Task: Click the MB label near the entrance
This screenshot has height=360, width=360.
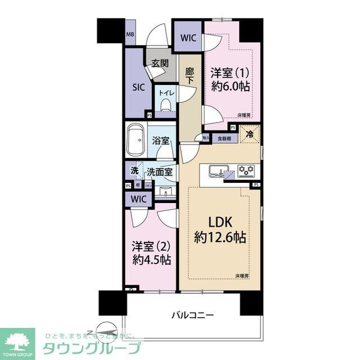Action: coord(130,34)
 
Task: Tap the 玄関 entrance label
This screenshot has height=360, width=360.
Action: coord(160,63)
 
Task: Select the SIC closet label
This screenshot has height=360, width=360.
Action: coord(139,87)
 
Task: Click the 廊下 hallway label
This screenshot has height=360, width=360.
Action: coord(190,75)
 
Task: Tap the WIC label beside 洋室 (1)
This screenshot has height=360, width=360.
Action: coord(188,38)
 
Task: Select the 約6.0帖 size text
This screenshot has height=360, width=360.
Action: coord(231,87)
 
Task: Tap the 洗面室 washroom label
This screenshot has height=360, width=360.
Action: coord(160,171)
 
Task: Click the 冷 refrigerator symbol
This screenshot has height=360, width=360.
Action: coord(248,133)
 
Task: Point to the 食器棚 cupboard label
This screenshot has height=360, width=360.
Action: coord(221,138)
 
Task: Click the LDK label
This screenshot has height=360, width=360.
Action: coord(219,220)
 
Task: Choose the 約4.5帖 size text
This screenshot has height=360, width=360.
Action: coord(151,260)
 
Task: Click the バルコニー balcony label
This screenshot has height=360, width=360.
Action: coord(192,315)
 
